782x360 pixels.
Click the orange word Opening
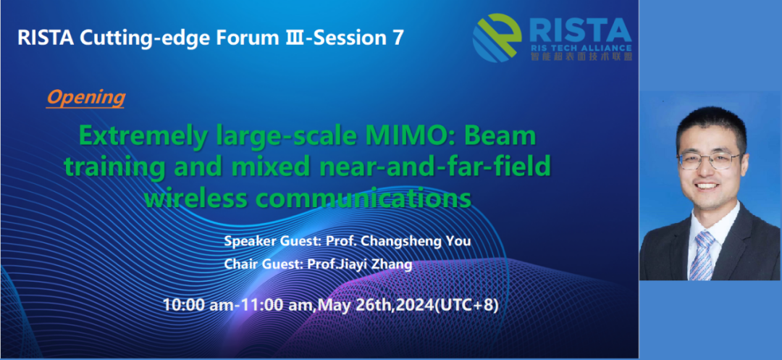(x=85, y=99)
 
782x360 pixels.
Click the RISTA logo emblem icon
(x=497, y=38)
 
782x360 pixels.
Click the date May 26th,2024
(x=376, y=304)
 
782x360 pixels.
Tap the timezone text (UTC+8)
(x=467, y=304)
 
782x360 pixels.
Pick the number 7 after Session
(x=397, y=38)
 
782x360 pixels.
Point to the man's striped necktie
(x=702, y=255)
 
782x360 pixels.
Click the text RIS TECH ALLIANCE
(x=581, y=48)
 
